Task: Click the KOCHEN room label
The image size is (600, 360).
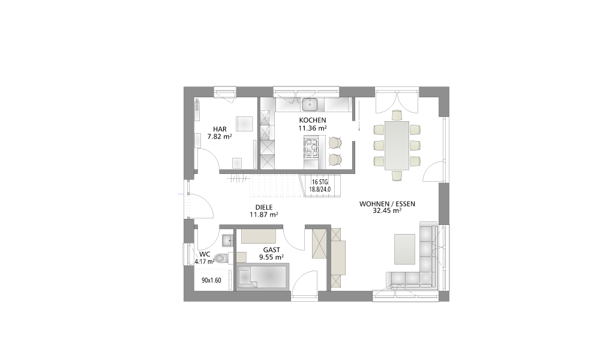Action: [x=313, y=120]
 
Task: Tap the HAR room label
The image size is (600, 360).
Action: [x=220, y=130]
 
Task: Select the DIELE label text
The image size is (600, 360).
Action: [x=264, y=208]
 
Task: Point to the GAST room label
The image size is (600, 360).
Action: [x=271, y=250]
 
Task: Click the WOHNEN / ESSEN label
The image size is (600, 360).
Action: [x=387, y=204]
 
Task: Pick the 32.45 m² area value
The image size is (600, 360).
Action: [x=387, y=211]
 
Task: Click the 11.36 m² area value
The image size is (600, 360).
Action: [x=313, y=128]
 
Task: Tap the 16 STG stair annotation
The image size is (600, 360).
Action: [x=320, y=182]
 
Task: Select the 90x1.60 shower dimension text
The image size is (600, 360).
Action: [x=212, y=280]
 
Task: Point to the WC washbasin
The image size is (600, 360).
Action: [x=227, y=240]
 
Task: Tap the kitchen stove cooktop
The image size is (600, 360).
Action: [x=311, y=148]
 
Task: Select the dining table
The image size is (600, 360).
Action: [x=397, y=145]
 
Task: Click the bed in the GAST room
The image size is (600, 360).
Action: [x=263, y=276]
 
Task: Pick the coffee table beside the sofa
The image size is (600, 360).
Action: [x=404, y=249]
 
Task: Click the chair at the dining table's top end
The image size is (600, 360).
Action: [x=397, y=115]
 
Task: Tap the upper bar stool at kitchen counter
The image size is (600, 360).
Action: [x=335, y=142]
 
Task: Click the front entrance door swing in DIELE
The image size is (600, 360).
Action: [x=202, y=206]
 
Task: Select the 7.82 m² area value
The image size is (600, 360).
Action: [x=220, y=136]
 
